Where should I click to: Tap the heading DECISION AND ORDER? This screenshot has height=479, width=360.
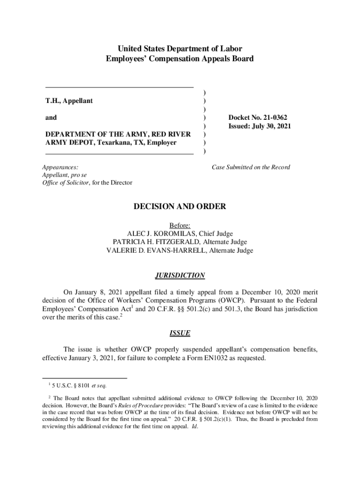pos(180,206)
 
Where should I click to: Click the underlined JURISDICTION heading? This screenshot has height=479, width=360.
pos(180,275)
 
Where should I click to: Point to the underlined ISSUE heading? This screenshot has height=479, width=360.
pos(180,333)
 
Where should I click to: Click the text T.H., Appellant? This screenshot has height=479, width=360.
pos(69,101)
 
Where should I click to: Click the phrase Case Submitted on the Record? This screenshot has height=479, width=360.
pos(251,167)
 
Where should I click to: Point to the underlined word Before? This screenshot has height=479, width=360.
pos(180,225)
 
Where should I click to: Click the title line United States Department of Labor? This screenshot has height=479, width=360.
pos(180,49)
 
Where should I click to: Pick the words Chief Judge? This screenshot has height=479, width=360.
pos(216,234)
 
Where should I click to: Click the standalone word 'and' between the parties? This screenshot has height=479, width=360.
pos(51,118)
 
